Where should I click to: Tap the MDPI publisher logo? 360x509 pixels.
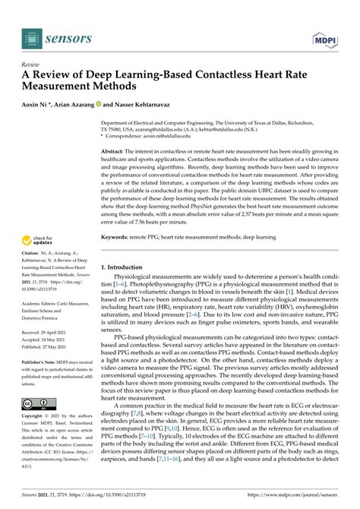325,36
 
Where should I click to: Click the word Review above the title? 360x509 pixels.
31,65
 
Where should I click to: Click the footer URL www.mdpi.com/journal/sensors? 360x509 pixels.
295,501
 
